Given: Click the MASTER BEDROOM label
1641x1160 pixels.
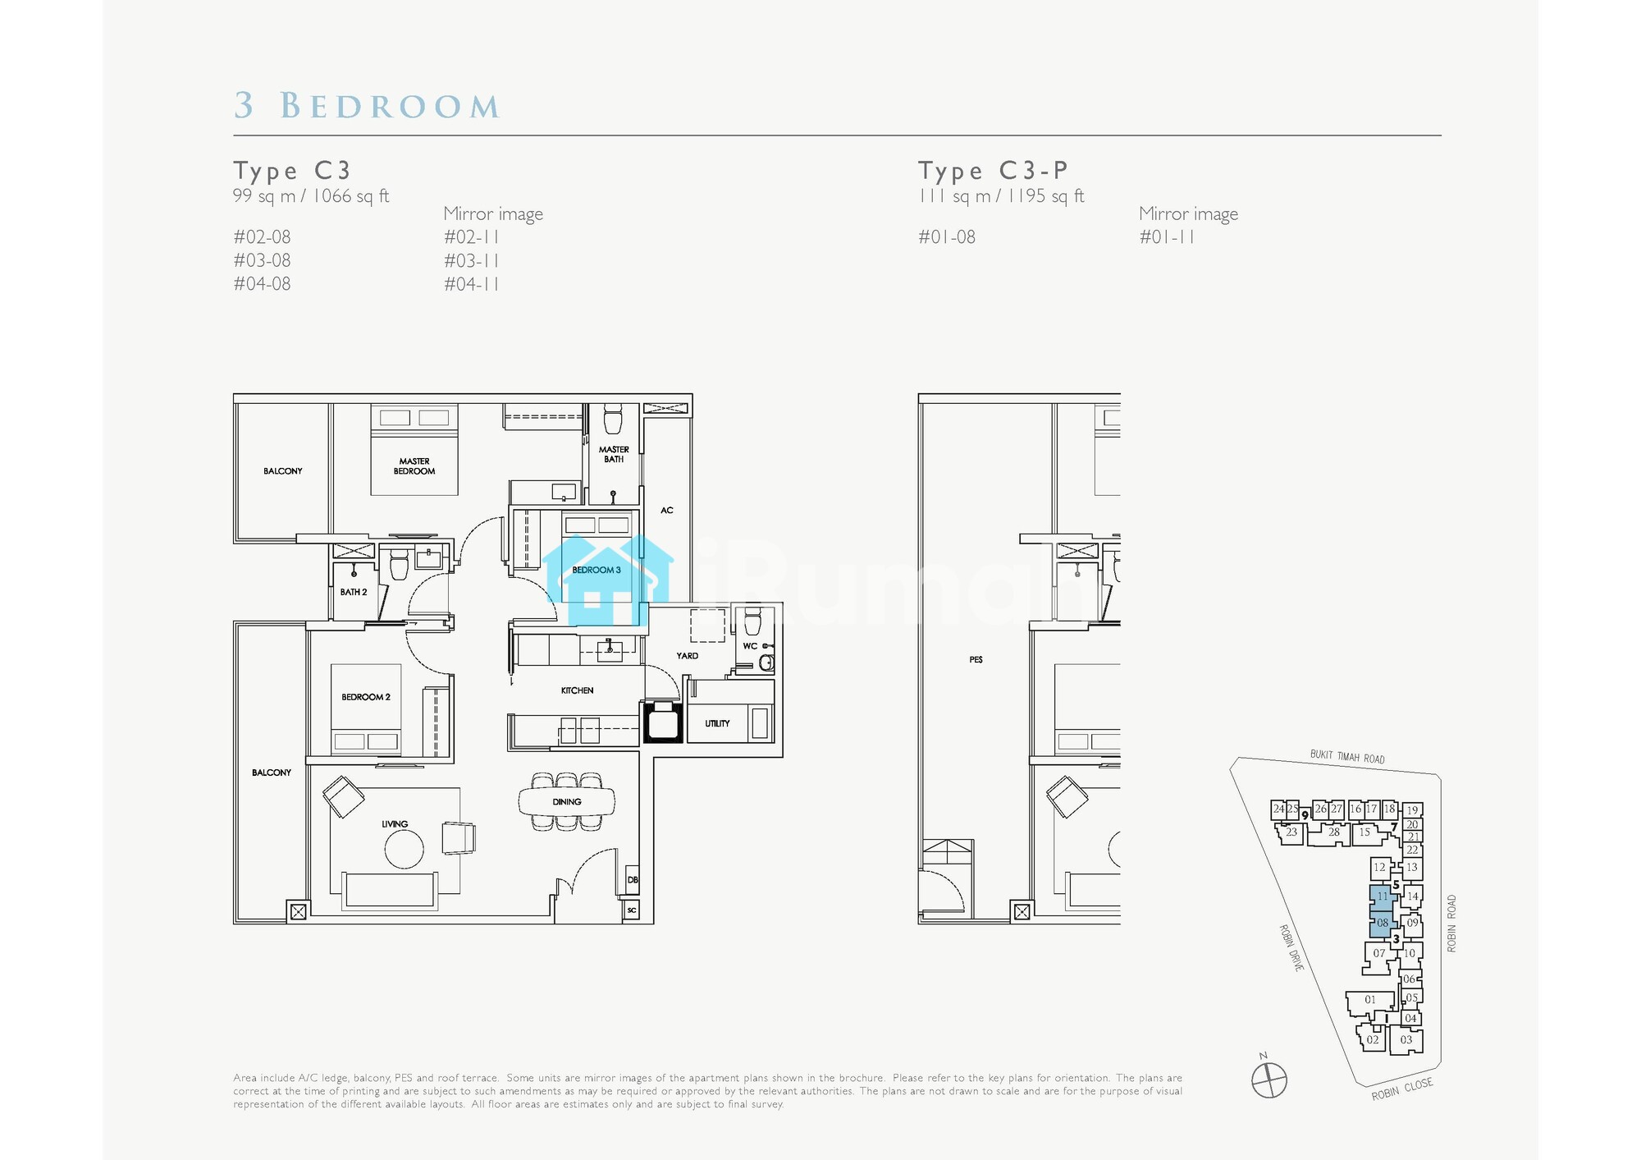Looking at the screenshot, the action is pos(414,466).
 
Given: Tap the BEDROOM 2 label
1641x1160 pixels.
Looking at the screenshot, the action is pos(366,697).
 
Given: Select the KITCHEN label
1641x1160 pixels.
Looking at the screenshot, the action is pos(577,690).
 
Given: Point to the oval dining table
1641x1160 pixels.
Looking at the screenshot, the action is pos(567,801).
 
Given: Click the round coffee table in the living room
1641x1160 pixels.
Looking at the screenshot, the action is pos(405,849).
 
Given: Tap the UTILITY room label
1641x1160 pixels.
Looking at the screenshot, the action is pos(717,723).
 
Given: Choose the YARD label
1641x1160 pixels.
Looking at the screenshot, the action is pos(688,656).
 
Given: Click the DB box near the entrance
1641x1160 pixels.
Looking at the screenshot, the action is pos(632,879).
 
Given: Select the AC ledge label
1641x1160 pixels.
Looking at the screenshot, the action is pos(667,511).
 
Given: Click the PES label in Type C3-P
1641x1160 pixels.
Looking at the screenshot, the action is pos(976,659).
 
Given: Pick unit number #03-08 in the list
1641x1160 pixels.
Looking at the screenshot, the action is pos(262,260).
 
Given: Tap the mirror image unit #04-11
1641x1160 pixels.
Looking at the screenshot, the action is pos(472,284).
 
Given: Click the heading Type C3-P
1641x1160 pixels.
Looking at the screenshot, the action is pos(993,170).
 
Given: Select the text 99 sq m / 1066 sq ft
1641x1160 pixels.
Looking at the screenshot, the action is pos(311,196).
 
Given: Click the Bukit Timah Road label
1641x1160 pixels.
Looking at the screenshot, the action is pos(1347,757).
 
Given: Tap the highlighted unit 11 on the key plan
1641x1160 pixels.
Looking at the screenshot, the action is pos(1383,896).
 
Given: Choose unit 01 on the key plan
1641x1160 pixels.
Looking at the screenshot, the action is pos(1370,1000).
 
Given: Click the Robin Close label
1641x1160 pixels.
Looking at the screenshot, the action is pos(1402,1089).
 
